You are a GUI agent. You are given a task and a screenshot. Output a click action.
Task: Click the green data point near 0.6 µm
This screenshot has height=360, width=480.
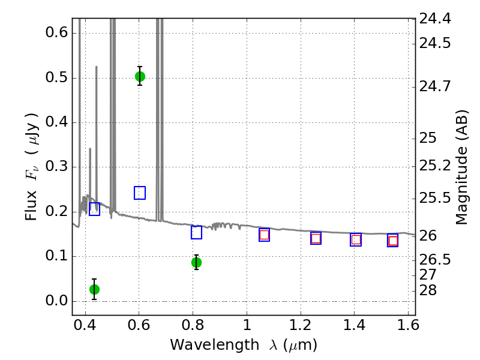click(140, 76)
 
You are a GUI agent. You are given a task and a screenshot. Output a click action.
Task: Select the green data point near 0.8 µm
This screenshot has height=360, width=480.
click(197, 262)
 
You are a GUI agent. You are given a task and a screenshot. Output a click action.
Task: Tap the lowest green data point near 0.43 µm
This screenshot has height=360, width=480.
click(95, 289)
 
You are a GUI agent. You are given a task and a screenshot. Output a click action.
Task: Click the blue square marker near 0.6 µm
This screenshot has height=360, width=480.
click(140, 193)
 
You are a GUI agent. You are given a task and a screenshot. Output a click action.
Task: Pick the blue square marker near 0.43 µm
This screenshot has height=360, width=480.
click(95, 209)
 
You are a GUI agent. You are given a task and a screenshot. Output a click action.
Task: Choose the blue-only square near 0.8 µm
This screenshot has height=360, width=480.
click(197, 233)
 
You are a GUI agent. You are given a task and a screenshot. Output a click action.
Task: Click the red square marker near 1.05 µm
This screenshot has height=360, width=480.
click(264, 235)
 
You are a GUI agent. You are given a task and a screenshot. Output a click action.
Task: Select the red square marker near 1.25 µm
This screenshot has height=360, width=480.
click(316, 238)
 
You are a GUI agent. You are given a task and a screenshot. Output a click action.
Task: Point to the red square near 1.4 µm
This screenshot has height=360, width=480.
click(356, 239)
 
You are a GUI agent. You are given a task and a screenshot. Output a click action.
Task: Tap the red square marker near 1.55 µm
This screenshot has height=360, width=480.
click(393, 241)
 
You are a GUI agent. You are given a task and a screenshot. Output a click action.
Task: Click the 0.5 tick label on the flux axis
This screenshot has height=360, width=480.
click(56, 77)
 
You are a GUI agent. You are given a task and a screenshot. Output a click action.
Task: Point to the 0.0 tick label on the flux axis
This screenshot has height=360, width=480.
click(56, 301)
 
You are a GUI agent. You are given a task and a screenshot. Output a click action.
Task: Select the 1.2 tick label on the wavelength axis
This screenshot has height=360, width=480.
click(301, 325)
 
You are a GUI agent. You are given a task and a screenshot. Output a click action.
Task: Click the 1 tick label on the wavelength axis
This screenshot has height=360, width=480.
click(247, 325)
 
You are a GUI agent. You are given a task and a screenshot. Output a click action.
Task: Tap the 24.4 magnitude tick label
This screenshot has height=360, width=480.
click(434, 19)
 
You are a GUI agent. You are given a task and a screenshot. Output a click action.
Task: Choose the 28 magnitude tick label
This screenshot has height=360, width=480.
click(428, 290)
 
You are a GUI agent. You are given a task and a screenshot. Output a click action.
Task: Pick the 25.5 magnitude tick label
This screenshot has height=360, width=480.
click(434, 199)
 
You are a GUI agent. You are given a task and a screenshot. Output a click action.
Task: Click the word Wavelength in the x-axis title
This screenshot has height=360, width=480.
click(215, 345)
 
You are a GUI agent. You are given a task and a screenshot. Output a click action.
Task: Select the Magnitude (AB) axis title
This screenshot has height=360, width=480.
click(461, 167)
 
